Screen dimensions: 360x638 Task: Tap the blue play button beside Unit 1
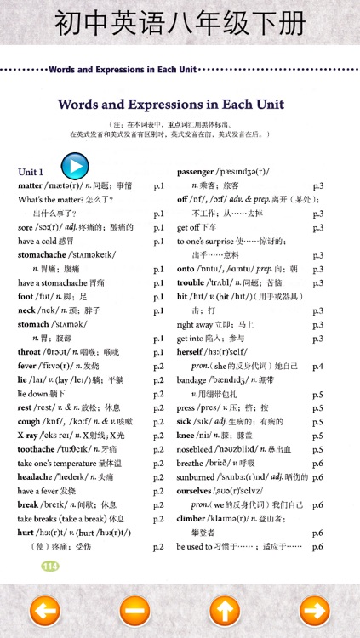[75, 164]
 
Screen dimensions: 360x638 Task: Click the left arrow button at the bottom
[44, 610]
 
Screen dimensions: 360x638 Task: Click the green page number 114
[50, 566]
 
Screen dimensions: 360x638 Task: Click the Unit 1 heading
[31, 172]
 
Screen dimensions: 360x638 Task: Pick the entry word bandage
[195, 379]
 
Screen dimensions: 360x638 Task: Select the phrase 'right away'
[197, 324]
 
